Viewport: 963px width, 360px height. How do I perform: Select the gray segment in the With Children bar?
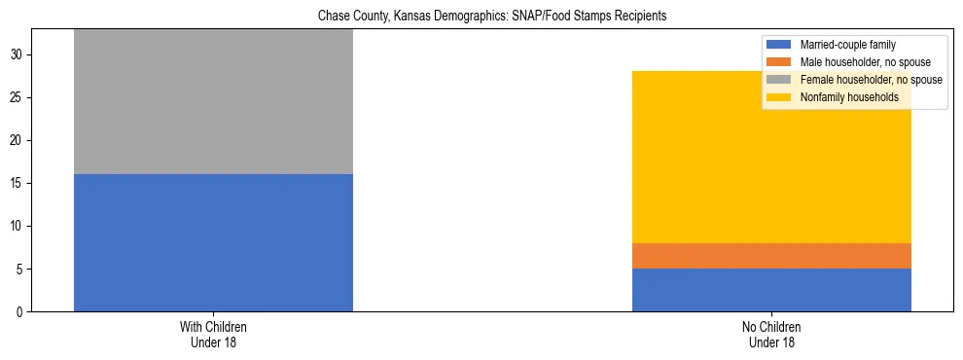pyautogui.click(x=213, y=101)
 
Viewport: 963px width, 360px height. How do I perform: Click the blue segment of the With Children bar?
pyautogui.click(x=213, y=242)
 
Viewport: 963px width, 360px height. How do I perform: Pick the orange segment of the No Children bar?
pyautogui.click(x=771, y=256)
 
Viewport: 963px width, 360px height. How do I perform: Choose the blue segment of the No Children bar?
pyautogui.click(x=771, y=290)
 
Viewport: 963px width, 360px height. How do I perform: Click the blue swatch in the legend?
pyautogui.click(x=779, y=45)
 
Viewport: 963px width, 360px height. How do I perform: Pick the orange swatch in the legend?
pyautogui.click(x=779, y=62)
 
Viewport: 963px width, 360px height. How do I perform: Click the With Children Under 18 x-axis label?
pyautogui.click(x=213, y=335)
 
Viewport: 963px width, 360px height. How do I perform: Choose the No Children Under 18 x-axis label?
pyautogui.click(x=771, y=335)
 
